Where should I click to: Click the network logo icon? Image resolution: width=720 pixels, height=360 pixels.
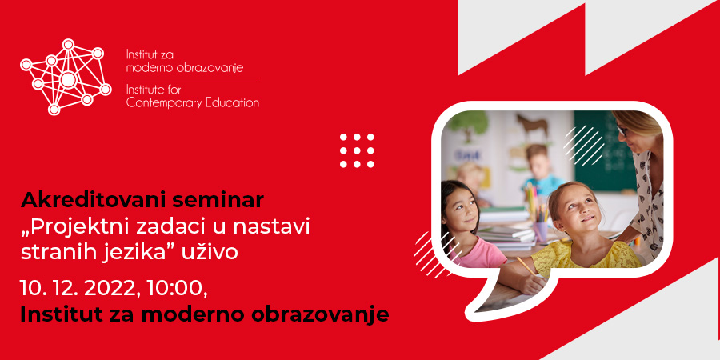pyautogui.click(x=66, y=77)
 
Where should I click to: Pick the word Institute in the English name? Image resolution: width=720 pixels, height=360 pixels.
pyautogui.click(x=143, y=90)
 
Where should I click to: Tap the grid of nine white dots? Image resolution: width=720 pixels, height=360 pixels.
pyautogui.click(x=357, y=150)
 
